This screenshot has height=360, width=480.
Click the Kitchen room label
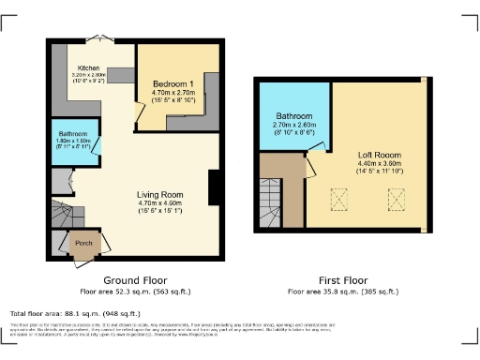[90, 68]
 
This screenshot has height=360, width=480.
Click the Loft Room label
[374, 155]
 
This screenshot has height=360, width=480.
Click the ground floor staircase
[66, 216]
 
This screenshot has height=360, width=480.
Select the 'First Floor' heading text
[341, 279]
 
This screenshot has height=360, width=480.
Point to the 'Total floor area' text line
[75, 313]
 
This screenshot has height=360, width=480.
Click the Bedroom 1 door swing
[141, 114]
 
